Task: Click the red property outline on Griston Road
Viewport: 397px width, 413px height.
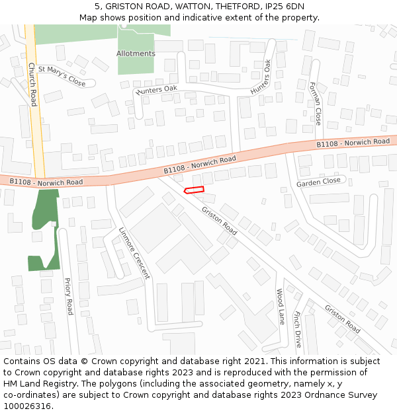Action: [x=194, y=190]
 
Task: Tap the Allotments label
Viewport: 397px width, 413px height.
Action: [x=136, y=54]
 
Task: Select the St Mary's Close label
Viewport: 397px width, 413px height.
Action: [x=62, y=75]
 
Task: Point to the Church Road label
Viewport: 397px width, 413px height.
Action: [x=32, y=84]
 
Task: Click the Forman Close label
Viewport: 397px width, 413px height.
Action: [x=316, y=104]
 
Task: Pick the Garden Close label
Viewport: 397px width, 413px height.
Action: [x=318, y=181]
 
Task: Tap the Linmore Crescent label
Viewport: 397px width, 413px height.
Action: [x=134, y=254]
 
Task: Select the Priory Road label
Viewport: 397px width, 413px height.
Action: [x=68, y=296]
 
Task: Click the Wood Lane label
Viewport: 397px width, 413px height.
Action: [x=280, y=307]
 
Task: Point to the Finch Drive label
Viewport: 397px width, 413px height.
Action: [x=297, y=330]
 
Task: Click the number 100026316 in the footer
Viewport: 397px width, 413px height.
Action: [x=26, y=406]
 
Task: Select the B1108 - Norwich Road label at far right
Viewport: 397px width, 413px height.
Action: [x=353, y=143]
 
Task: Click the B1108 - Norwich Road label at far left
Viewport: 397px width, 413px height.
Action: [x=46, y=182]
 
